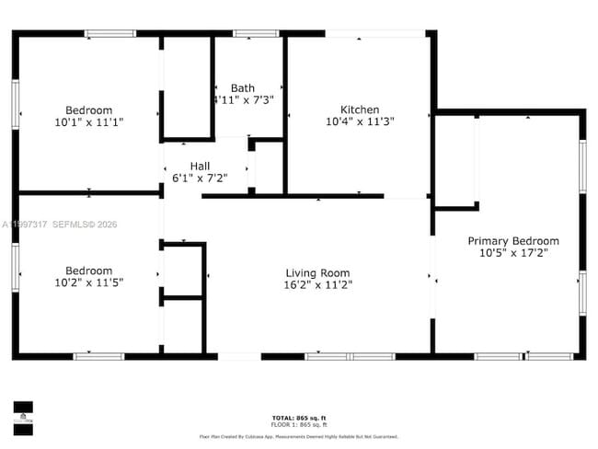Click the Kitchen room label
click(359, 109)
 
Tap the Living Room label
click(317, 272)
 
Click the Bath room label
click(243, 88)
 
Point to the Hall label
click(200, 166)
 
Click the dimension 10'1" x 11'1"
click(88, 121)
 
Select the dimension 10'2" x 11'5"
click(88, 282)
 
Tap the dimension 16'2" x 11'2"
click(317, 284)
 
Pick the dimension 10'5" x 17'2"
click(512, 253)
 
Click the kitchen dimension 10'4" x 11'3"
click(359, 121)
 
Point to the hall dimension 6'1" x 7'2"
click(200, 178)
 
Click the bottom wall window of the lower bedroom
click(98, 356)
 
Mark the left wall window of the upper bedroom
click(15, 103)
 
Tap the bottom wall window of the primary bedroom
click(548, 356)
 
